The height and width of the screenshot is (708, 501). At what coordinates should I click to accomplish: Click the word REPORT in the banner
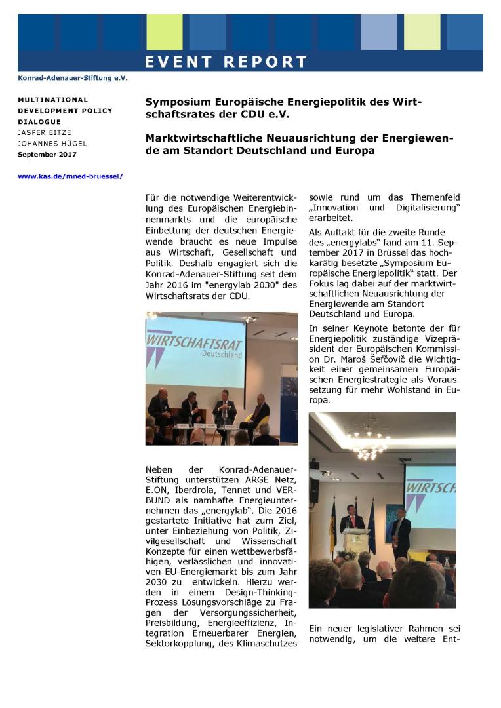266,62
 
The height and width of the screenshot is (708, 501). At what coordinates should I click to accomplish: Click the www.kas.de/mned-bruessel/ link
70,176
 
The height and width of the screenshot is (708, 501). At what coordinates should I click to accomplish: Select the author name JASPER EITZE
43,132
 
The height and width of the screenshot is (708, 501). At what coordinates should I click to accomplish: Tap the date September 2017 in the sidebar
47,155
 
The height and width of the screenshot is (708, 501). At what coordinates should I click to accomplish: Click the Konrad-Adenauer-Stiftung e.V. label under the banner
73,78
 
